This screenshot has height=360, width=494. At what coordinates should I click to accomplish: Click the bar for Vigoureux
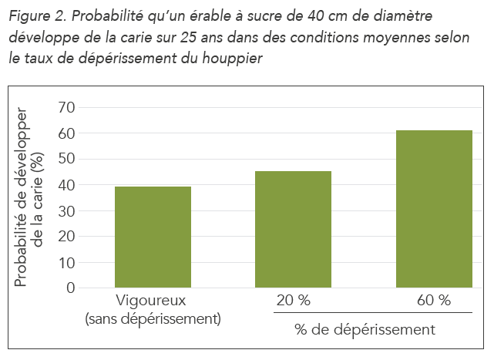[x=153, y=237]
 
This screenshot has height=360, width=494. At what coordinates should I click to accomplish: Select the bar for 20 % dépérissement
[x=293, y=229]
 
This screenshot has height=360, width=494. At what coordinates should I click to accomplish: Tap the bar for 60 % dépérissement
[x=433, y=209]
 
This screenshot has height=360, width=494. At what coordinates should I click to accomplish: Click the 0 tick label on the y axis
[x=70, y=288]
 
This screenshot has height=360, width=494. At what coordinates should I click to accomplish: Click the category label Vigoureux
[x=152, y=301]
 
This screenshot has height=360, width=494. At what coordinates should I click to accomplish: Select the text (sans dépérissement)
[x=152, y=318]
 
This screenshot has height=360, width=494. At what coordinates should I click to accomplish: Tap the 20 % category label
[x=292, y=301]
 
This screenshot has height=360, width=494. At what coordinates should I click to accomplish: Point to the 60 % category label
[x=432, y=301]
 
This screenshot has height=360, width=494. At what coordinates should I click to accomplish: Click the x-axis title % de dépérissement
[x=365, y=330]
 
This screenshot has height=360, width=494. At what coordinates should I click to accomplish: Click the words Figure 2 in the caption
[x=32, y=16]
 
